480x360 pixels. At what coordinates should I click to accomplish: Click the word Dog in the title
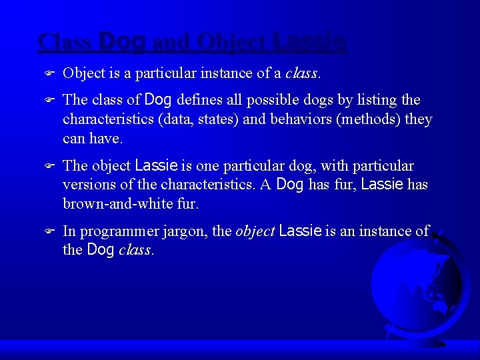pos(121,42)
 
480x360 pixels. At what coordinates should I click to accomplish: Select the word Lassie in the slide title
pos(310,42)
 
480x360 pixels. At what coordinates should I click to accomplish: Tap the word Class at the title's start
pos(65,42)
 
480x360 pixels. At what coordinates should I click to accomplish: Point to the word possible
pos(273,100)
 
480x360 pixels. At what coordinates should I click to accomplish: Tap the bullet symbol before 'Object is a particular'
pos(47,73)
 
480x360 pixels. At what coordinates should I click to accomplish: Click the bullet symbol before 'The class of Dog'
pos(47,101)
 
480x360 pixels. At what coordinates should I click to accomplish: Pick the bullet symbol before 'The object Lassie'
pos(47,166)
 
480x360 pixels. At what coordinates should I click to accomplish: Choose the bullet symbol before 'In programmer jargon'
pos(47,231)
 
